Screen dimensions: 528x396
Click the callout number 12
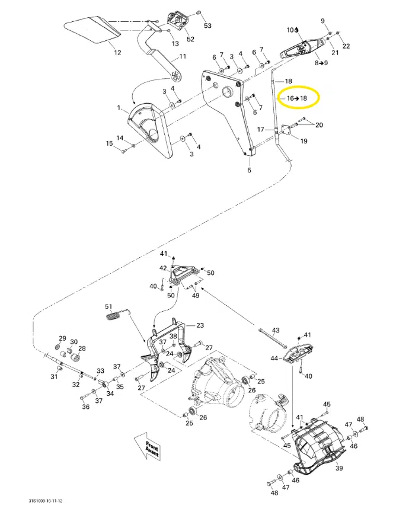point(117,53)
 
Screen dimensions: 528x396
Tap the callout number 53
point(207,26)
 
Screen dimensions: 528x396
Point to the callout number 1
point(119,108)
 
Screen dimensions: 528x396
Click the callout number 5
point(249,171)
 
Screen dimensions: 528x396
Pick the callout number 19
point(304,141)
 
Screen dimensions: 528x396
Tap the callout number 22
point(346,46)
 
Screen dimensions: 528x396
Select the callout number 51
point(108,306)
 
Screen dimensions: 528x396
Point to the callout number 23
point(200,325)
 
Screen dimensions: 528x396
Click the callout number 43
point(275,329)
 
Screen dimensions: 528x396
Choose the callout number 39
point(339,468)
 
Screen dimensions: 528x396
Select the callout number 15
point(109,143)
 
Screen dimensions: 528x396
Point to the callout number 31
point(53,377)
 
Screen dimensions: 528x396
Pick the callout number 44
point(274,358)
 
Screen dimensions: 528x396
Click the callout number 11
point(183,56)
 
